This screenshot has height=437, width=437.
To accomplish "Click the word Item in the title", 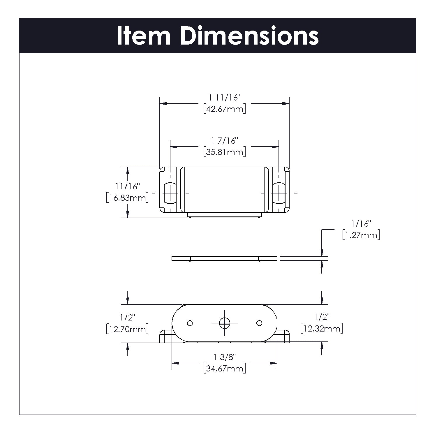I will pyautogui.click(x=144, y=36).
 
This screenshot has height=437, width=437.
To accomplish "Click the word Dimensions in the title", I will pyautogui.click(x=249, y=36).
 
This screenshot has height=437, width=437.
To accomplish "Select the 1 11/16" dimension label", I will pyautogui.click(x=224, y=97).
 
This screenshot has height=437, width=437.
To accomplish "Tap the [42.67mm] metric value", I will pyautogui.click(x=224, y=109).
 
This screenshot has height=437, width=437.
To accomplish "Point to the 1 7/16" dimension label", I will pyautogui.click(x=224, y=140).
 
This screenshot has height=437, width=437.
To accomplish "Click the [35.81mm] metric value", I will pyautogui.click(x=224, y=152).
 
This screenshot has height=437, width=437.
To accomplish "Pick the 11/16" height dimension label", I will pyautogui.click(x=127, y=186).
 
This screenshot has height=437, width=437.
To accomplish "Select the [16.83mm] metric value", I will pyautogui.click(x=127, y=198).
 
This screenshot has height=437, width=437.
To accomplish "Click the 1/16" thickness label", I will pyautogui.click(x=361, y=224).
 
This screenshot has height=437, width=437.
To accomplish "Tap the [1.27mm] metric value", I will pyautogui.click(x=361, y=235).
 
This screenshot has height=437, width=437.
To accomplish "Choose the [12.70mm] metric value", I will pyautogui.click(x=127, y=329).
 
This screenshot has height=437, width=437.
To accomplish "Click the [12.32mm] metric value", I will pyautogui.click(x=322, y=328).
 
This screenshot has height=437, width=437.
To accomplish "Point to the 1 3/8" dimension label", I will pyautogui.click(x=224, y=357).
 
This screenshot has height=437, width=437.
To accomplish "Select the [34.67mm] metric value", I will pyautogui.click(x=224, y=369).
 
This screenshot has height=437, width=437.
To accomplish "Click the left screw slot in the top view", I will pyautogui.click(x=170, y=193).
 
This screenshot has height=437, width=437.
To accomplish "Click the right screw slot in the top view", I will pyautogui.click(x=279, y=193).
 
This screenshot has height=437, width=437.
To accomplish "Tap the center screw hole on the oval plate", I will pyautogui.click(x=225, y=323).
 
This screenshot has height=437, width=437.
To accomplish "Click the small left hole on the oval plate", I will pyautogui.click(x=190, y=323).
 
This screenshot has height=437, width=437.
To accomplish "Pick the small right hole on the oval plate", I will pyautogui.click(x=259, y=323).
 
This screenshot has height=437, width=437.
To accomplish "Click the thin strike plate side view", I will pyautogui.click(x=224, y=258).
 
